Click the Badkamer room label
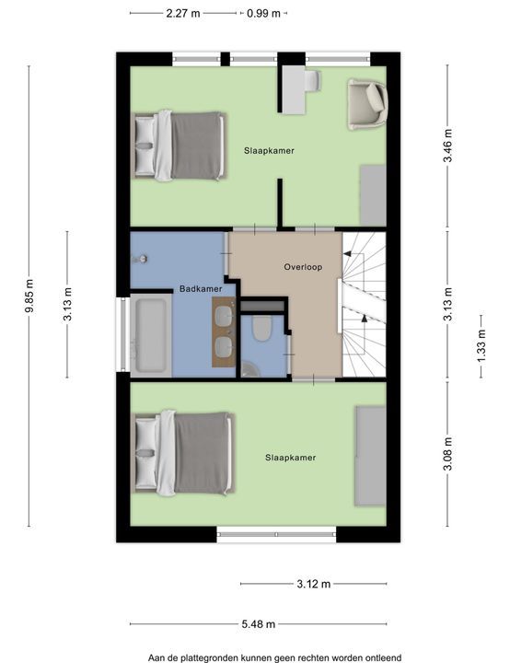tap(201, 289)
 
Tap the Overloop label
tap(303, 267)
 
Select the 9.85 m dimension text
tap(29, 296)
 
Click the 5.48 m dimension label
tap(259, 623)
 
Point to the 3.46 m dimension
tap(447, 145)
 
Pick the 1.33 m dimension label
tap(481, 346)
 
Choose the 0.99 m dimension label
tap(263, 13)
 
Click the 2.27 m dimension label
tap(182, 13)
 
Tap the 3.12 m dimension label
tap(313, 584)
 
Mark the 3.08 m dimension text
tap(447, 453)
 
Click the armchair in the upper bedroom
tap(367, 104)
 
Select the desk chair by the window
tap(312, 80)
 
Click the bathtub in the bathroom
tap(151, 335)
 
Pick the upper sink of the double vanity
tap(224, 315)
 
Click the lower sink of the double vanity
tap(224, 347)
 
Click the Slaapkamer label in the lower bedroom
tap(291, 458)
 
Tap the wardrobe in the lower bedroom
tap(370, 456)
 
